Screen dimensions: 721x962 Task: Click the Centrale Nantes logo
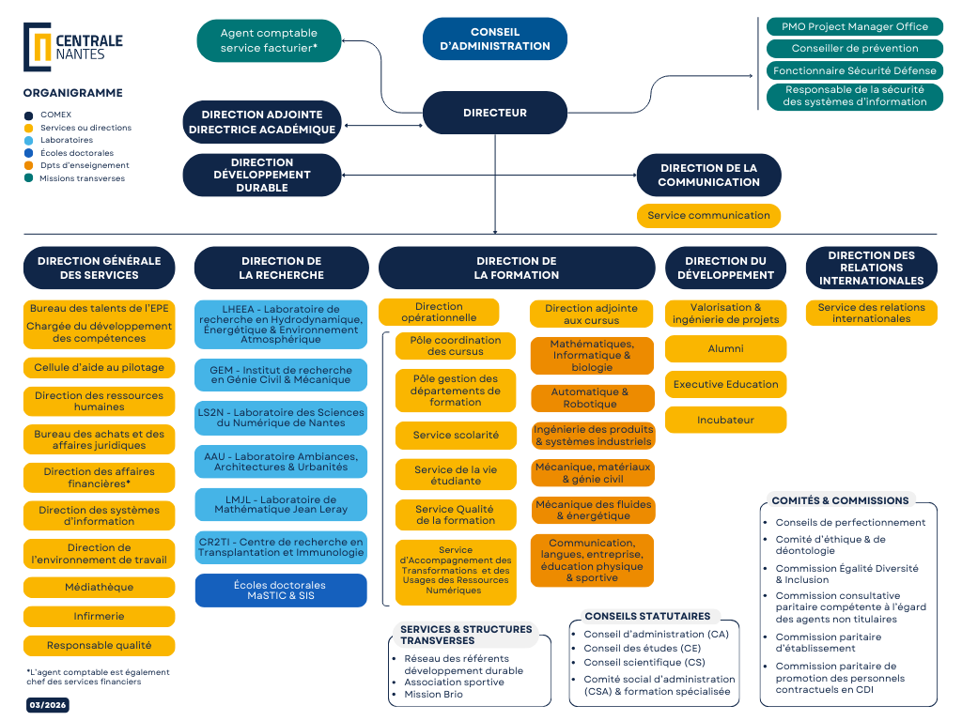click(73, 47)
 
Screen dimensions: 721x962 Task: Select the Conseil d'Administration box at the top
click(495, 39)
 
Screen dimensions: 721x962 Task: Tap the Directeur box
click(495, 113)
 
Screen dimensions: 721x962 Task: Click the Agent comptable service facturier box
click(269, 40)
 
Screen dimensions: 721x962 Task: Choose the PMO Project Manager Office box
click(855, 26)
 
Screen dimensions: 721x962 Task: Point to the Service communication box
click(708, 215)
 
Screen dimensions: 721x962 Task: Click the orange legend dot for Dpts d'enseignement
click(29, 165)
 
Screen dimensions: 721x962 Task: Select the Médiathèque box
click(99, 587)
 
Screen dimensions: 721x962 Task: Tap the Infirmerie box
click(99, 617)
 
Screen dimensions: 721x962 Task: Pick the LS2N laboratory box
click(281, 417)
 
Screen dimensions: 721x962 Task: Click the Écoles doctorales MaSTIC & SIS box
click(281, 590)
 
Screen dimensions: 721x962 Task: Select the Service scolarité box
click(456, 436)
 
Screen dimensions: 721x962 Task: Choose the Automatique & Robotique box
click(592, 398)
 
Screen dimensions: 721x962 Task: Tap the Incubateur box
click(725, 420)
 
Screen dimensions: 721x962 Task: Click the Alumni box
click(725, 348)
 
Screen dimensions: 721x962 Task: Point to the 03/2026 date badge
click(47, 705)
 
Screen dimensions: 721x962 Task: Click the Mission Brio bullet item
click(435, 694)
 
